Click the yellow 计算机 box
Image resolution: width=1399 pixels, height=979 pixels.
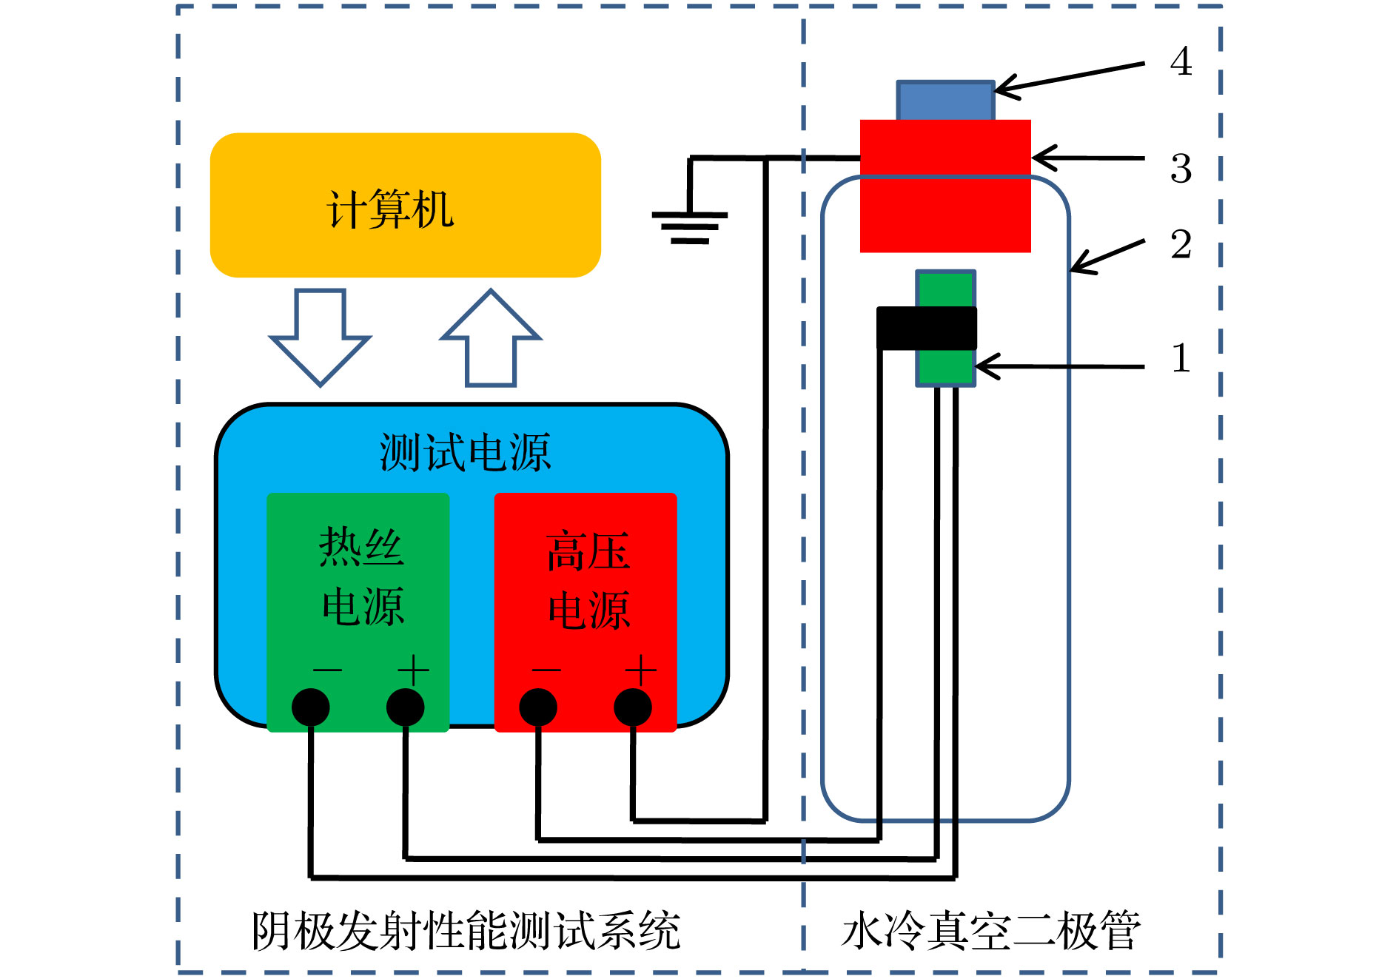pos(405,206)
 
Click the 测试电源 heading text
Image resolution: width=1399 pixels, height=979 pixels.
pos(465,452)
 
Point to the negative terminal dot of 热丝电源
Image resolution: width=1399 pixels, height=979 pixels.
pos(311,707)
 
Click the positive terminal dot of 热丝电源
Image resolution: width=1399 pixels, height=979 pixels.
pos(406,707)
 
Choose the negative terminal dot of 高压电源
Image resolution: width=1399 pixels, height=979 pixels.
pos(538,707)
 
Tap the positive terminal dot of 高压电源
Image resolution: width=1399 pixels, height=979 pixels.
pos(633,707)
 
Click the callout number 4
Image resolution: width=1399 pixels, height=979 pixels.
pos(1181,61)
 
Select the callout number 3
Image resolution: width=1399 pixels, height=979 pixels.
pos(1181,169)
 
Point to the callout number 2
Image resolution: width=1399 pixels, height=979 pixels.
pos(1181,245)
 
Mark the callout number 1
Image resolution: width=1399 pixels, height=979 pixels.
pos(1181,358)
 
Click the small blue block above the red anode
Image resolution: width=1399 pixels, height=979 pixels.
pos(945,101)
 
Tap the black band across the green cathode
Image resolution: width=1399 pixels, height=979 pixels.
pos(927,328)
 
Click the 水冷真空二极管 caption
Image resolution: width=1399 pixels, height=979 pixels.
pos(991,931)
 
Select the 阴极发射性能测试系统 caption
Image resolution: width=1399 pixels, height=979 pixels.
pos(466,931)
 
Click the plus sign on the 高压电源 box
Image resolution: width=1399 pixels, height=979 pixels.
pos(641,670)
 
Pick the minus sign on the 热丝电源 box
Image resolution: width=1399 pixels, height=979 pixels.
pos(327,670)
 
